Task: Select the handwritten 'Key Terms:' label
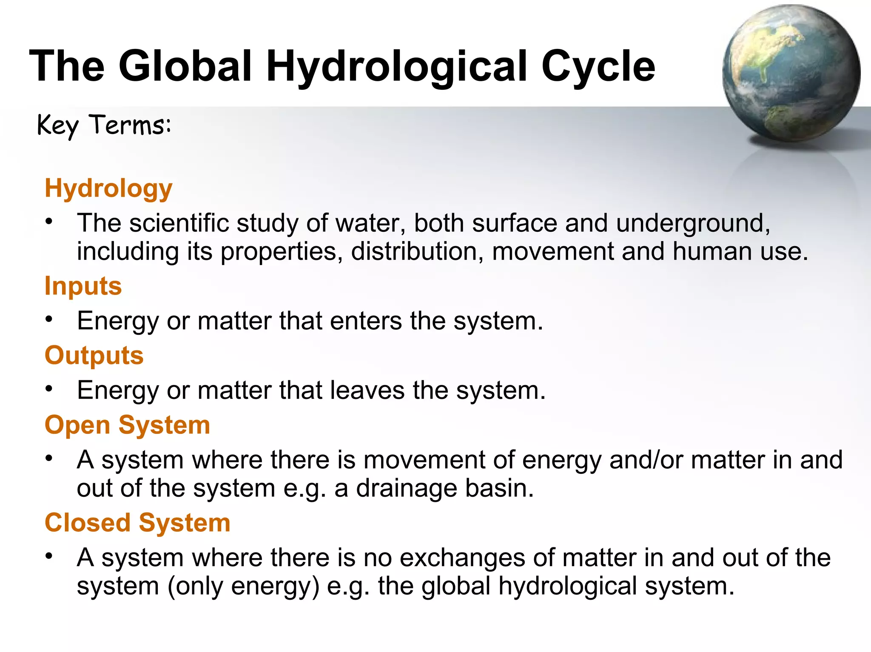tap(104, 126)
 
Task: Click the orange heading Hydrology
tap(108, 188)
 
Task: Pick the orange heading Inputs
tap(83, 286)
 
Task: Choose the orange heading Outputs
tap(94, 356)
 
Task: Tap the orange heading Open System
tap(127, 425)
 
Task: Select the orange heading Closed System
tap(137, 523)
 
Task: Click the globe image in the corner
tap(791, 73)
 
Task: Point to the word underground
tap(693, 224)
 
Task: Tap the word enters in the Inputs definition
tap(366, 321)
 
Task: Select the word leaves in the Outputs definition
tap(367, 391)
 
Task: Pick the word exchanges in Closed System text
tap(462, 558)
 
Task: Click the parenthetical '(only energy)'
tap(243, 587)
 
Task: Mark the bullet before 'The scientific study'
tap(49, 222)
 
